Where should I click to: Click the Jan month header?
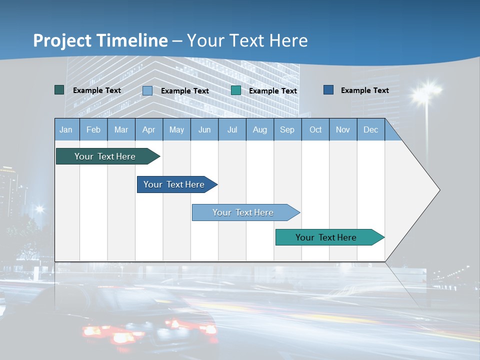(66, 129)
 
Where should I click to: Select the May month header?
(176, 129)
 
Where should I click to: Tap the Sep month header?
(287, 129)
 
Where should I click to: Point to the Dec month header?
(370, 129)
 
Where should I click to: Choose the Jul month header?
(232, 129)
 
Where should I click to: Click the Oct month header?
(315, 129)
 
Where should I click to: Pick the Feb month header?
(93, 129)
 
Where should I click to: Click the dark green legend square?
(59, 90)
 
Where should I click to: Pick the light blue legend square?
(147, 90)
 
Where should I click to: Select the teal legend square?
(236, 90)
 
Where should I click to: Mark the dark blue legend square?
(328, 90)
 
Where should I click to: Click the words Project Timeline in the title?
(100, 40)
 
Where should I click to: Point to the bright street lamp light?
(425, 92)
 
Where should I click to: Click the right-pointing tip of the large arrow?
(438, 190)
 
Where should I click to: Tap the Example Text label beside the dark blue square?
(364, 90)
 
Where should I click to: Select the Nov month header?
(343, 129)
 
